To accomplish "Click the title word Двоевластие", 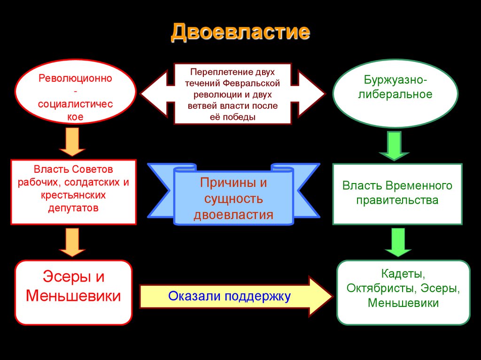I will (x=240, y=32).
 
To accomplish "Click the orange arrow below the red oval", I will (x=72, y=142).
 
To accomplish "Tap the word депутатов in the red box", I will (x=73, y=207).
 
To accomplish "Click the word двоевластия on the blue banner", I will (x=233, y=215).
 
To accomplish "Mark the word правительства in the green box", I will (x=397, y=200).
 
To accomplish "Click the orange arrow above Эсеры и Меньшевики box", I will (x=72, y=242).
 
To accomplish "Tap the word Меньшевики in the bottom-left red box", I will (x=73, y=296).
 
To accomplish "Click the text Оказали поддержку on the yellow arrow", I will (x=230, y=296).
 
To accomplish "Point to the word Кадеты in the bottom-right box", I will (x=403, y=273).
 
